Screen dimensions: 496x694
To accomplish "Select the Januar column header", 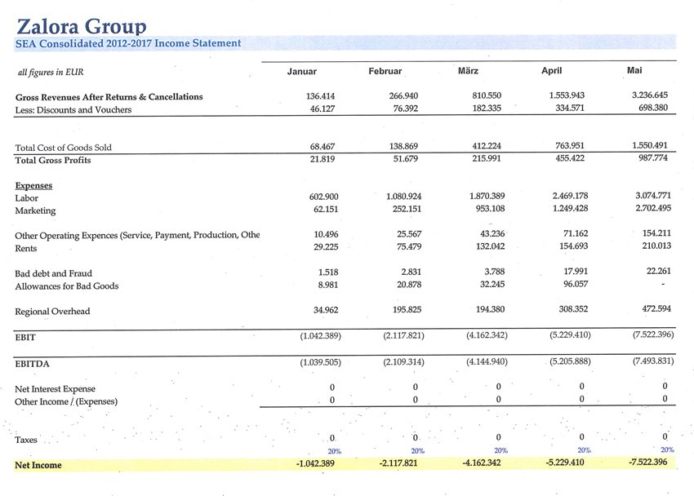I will tap(302, 72).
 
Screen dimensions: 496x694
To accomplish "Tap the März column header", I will tap(469, 71).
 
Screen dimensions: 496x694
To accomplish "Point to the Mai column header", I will tap(634, 70).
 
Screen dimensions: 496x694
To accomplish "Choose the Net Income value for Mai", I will tap(648, 463).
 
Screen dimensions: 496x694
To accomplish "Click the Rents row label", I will tap(27, 248).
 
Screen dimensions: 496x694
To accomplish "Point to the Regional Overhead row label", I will tap(52, 312).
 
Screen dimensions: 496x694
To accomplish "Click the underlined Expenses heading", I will tap(33, 186).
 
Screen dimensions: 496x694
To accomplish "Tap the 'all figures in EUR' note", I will tap(51, 73).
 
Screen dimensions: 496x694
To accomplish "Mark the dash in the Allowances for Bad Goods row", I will tap(664, 286).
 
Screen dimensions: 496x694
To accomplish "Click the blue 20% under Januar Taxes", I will tap(334, 451).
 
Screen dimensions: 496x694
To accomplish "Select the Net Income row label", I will tap(38, 465).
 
